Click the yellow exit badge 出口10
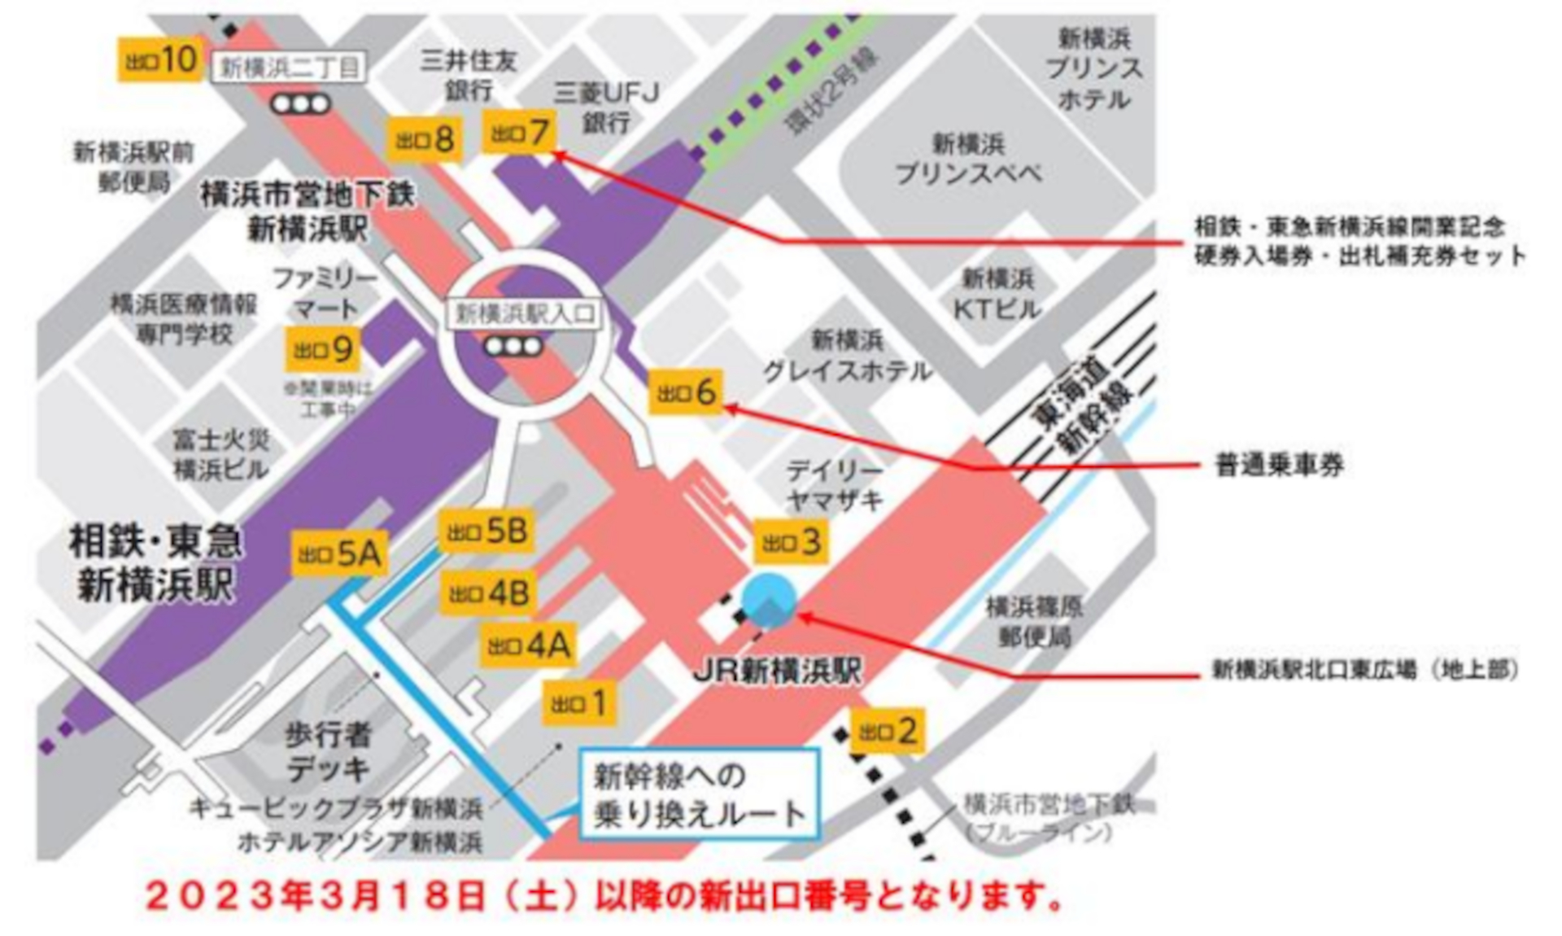point(160,59)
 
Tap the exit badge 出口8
point(425,140)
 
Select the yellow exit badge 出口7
point(520,132)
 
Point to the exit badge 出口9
point(323,350)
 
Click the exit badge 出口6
point(687,392)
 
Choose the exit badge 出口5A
point(339,554)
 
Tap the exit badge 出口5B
point(486,531)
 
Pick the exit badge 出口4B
point(488,593)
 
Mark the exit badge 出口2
point(888,731)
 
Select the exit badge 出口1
point(578,702)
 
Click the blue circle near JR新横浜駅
point(769,600)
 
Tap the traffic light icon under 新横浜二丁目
point(300,104)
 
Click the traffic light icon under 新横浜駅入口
point(513,347)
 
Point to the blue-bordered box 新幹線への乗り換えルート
point(699,794)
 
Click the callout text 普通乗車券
point(1278,466)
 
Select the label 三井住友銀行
point(468,75)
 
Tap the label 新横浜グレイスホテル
point(847,356)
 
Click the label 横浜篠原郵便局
point(1034,622)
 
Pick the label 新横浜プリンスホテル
point(1094,69)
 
